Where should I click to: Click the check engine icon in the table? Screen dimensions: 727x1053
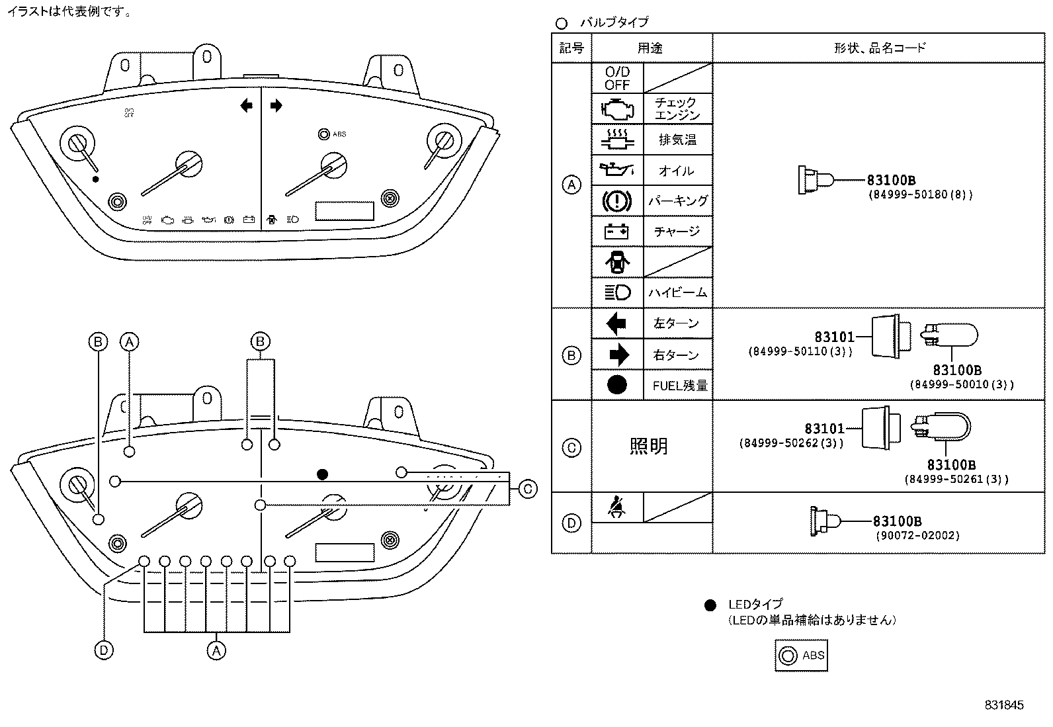pyautogui.click(x=617, y=108)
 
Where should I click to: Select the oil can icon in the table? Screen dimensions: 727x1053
pyautogui.click(x=617, y=170)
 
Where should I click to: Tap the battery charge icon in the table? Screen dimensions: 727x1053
pyautogui.click(x=617, y=232)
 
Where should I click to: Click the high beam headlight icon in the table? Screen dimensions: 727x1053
pyautogui.click(x=617, y=292)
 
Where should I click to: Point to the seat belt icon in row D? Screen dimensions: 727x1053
pyautogui.click(x=617, y=508)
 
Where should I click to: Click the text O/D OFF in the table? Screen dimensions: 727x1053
pyautogui.click(x=617, y=78)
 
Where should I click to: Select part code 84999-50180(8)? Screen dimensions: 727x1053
pyautogui.click(x=919, y=195)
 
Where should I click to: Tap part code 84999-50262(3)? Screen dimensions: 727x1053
pyautogui.click(x=791, y=443)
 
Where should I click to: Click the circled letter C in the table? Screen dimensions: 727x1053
pyautogui.click(x=571, y=448)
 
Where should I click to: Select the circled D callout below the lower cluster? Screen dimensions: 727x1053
pyautogui.click(x=104, y=650)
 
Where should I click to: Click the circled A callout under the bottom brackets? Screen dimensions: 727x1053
pyautogui.click(x=216, y=650)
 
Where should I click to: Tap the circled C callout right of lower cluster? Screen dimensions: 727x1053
pyautogui.click(x=527, y=489)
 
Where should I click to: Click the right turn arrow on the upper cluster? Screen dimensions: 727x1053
pyautogui.click(x=276, y=105)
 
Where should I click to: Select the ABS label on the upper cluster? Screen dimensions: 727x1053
pyautogui.click(x=339, y=134)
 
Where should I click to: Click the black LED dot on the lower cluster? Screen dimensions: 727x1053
pyautogui.click(x=322, y=474)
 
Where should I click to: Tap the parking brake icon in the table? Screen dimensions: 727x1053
pyautogui.click(x=617, y=200)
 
